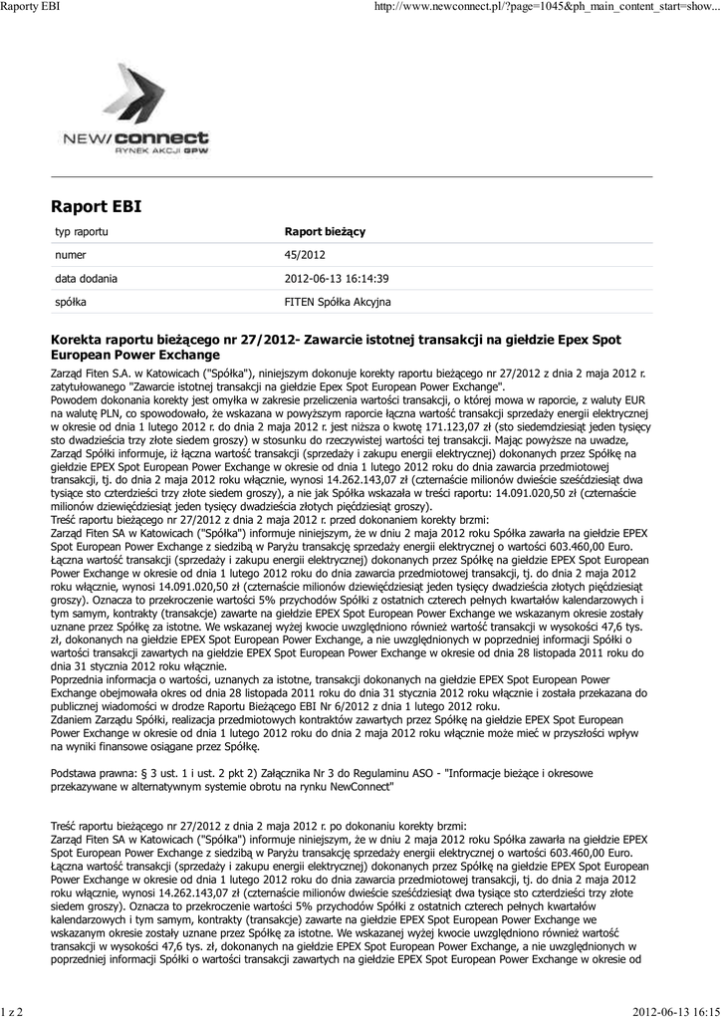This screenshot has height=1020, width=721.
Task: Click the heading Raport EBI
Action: (96, 207)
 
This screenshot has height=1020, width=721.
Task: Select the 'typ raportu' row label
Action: (81, 231)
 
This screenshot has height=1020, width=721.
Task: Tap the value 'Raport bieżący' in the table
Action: (325, 231)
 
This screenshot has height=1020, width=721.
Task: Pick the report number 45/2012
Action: (305, 255)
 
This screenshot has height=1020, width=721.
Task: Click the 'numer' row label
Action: (71, 255)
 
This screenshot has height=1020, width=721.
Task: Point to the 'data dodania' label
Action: (86, 278)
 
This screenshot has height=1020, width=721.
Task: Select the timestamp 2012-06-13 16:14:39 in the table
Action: (337, 278)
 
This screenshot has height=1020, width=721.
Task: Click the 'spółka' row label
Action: (70, 301)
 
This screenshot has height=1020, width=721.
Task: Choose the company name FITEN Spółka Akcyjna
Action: (338, 301)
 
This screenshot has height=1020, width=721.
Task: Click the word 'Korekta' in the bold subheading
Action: (78, 341)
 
